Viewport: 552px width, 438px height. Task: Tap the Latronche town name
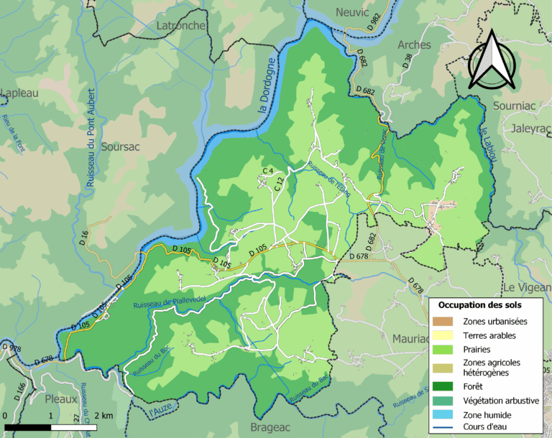tap(181, 26)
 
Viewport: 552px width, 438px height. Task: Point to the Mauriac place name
tap(410, 337)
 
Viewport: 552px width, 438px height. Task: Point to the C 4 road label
tap(269, 170)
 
